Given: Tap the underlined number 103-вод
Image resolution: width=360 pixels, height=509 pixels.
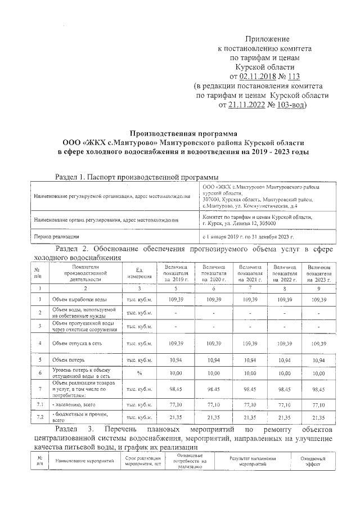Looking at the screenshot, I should (x=287, y=105).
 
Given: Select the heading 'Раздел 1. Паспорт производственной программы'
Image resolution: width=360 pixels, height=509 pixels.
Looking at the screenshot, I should (x=137, y=177).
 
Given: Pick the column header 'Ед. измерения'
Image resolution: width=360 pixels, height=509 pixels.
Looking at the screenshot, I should (x=138, y=273).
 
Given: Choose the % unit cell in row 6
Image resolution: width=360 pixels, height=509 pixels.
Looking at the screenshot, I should (x=138, y=372).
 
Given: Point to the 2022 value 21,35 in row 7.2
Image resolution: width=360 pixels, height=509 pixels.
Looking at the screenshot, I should (x=285, y=417).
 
